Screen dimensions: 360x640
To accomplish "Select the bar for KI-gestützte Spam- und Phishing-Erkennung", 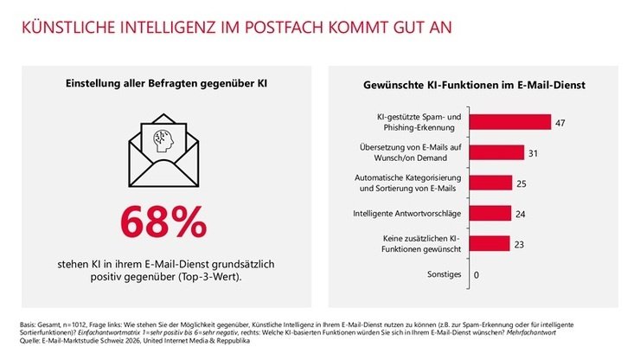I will point(510,122).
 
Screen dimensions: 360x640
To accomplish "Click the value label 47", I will point(560,123).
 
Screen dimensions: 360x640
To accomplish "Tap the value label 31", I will point(533,153).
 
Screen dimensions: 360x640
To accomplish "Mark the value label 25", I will point(522,183).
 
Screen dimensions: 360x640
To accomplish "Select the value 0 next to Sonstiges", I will point(476,274).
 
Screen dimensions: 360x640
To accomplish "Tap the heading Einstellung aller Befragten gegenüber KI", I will point(163,83).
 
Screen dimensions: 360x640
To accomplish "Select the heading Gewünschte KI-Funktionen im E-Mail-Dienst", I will point(476,86).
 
